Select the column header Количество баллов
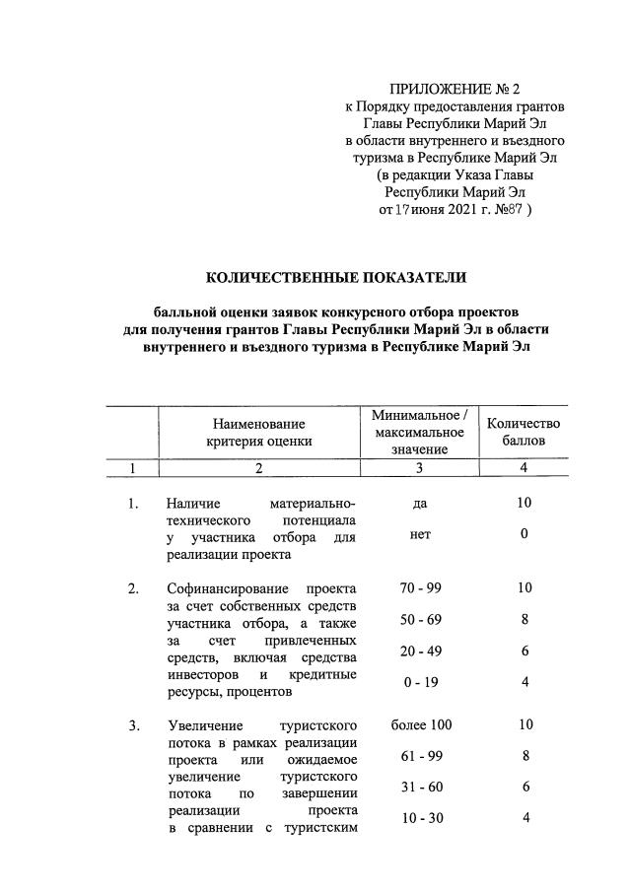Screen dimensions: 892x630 (524, 432)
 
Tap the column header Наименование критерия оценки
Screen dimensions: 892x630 (258, 432)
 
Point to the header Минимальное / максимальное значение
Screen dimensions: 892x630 (419, 431)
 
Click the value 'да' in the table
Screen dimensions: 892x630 (420, 503)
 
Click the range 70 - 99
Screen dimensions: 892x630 (420, 588)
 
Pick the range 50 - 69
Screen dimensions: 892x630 (420, 622)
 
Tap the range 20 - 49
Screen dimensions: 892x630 (420, 652)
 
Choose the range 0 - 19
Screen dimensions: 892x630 (420, 682)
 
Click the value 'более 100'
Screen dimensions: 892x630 (420, 726)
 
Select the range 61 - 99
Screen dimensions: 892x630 (420, 758)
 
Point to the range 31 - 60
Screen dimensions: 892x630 (420, 789)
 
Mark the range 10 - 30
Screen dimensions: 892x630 (420, 817)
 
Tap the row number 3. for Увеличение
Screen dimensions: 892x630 (133, 726)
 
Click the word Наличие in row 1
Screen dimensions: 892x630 (193, 503)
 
